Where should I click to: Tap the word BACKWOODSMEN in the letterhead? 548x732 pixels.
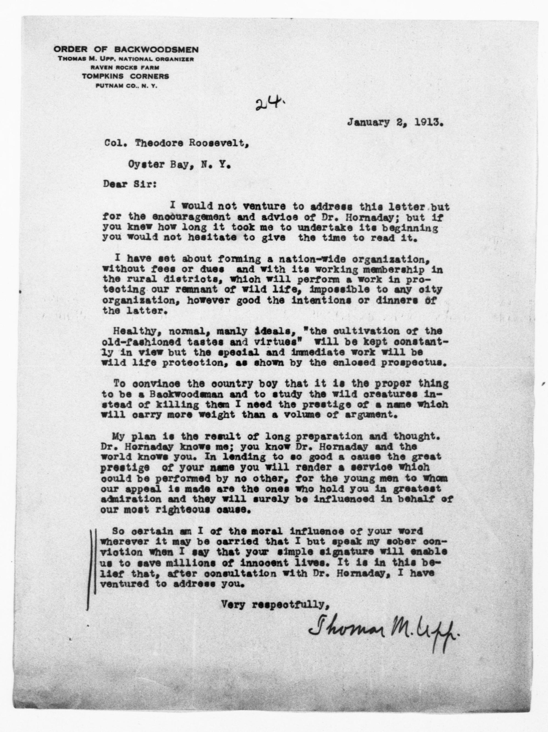pyautogui.click(x=156, y=50)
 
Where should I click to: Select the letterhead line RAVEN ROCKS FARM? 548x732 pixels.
pyautogui.click(x=126, y=67)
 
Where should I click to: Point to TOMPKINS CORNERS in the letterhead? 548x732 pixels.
pyautogui.click(x=126, y=76)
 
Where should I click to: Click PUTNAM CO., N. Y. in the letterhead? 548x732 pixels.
pyautogui.click(x=126, y=86)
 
